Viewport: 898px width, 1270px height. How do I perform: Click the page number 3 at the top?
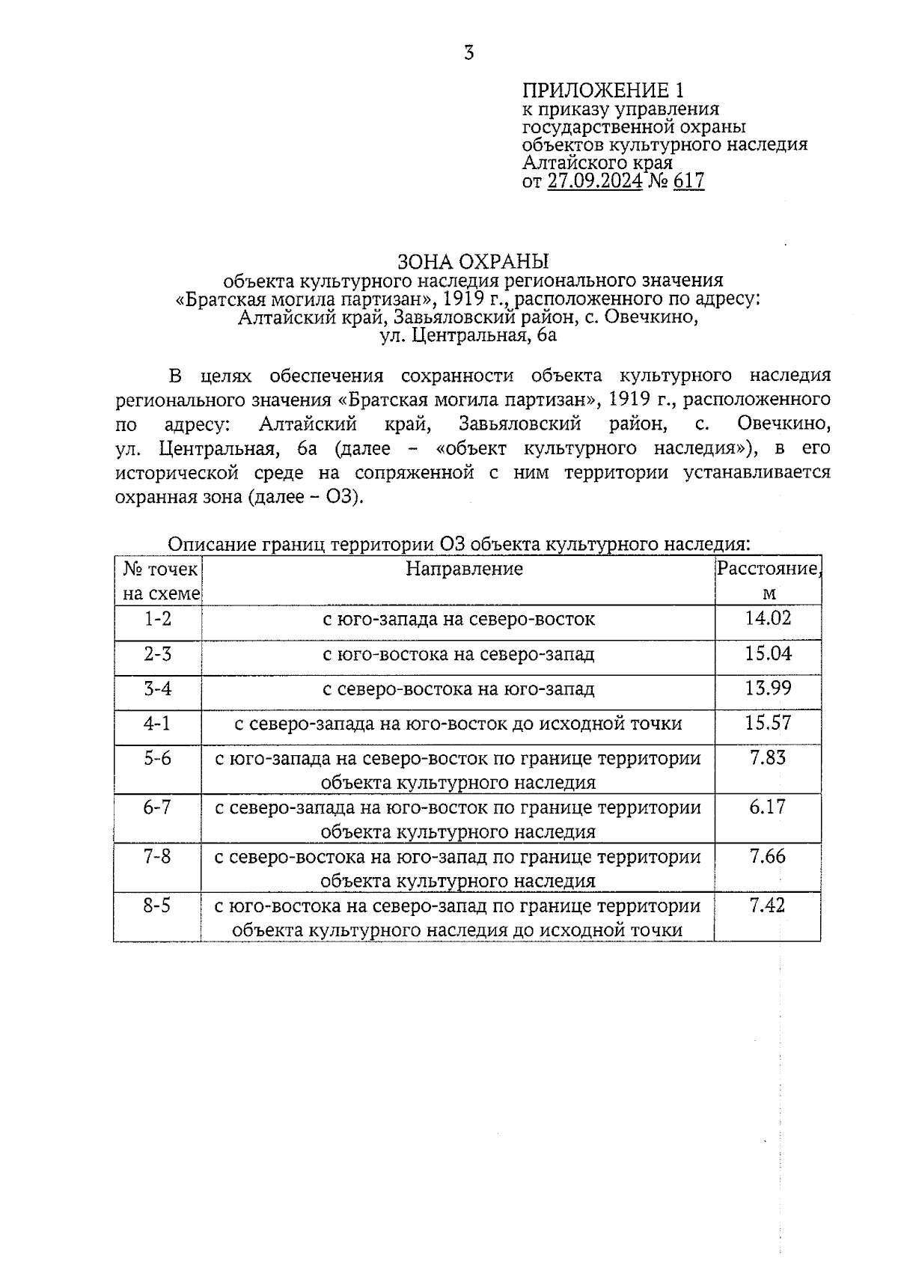coord(469,53)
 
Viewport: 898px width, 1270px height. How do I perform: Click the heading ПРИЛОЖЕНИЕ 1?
coord(603,91)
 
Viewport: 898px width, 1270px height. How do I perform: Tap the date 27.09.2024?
coord(595,180)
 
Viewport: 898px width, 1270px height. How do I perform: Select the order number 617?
coord(688,180)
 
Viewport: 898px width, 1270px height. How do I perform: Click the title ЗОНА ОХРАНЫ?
coord(473,261)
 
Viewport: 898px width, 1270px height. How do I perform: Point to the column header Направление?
coord(464,569)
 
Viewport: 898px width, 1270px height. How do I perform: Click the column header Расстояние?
coord(768,569)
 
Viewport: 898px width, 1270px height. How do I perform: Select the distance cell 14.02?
coord(768,618)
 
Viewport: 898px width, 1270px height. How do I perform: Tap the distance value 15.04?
coord(768,653)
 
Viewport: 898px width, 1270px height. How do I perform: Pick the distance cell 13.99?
coord(768,688)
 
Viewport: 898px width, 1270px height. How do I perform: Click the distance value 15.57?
coord(768,723)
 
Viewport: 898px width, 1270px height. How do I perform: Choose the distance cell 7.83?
coord(768,757)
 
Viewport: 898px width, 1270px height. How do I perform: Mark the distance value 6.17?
coord(768,807)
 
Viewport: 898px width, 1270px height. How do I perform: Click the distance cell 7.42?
coord(768,906)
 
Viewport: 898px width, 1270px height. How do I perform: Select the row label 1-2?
coord(158,619)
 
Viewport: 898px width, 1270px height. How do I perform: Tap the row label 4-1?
coord(158,723)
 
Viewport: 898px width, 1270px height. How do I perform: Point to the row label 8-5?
coord(158,906)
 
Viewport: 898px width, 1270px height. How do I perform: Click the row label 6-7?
coord(158,807)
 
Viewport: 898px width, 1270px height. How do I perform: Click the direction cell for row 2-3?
coord(458,654)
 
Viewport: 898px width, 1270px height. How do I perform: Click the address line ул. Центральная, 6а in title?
coord(468,335)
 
